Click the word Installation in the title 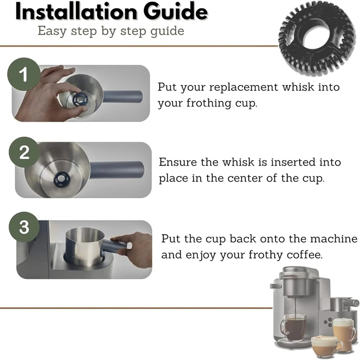tap(76, 12)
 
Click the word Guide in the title tap(175, 12)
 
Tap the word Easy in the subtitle tap(52, 31)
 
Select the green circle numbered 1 tap(24, 74)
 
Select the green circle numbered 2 tap(25, 152)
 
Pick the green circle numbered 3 tap(24, 227)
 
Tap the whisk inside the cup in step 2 tap(62, 179)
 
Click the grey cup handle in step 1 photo tap(123, 97)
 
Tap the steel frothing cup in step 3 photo tap(85, 246)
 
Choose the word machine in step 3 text tap(334, 239)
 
